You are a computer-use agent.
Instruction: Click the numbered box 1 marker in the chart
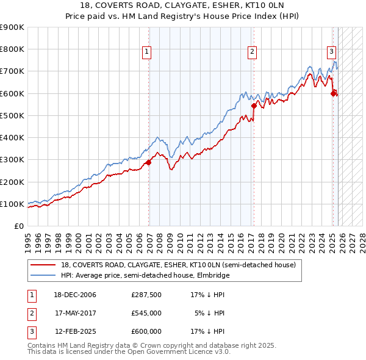[x=148, y=52]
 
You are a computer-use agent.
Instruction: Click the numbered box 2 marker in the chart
[x=252, y=52]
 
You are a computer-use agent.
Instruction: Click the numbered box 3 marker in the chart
[x=331, y=52]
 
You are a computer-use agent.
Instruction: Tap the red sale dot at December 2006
[x=148, y=162]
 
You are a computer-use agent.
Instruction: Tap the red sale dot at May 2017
[x=254, y=106]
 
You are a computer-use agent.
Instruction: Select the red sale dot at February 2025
[x=333, y=93]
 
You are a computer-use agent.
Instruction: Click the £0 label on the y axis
[x=18, y=226]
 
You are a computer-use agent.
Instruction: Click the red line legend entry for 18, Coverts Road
[x=178, y=265]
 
